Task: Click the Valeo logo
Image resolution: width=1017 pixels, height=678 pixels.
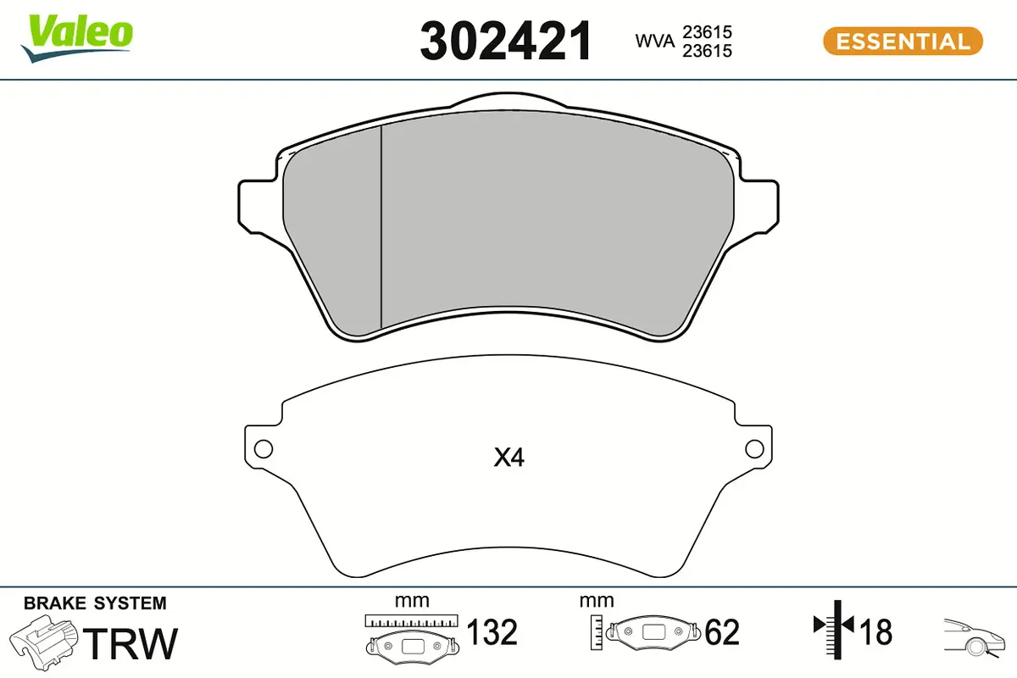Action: click(77, 39)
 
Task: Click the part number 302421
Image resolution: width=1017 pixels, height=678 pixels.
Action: click(506, 42)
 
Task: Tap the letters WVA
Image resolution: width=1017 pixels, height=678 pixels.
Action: click(655, 41)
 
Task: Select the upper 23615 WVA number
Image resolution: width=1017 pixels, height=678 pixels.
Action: click(708, 32)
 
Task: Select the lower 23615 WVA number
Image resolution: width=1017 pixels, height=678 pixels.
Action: click(708, 51)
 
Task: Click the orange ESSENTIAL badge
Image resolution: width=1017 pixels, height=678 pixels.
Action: click(903, 42)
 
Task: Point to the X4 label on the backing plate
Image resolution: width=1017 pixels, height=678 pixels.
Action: click(509, 458)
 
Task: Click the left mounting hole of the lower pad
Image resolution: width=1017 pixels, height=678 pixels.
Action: click(264, 449)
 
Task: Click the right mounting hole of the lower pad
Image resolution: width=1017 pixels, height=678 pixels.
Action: click(754, 449)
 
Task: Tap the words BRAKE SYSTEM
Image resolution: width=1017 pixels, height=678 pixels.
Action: click(95, 603)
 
